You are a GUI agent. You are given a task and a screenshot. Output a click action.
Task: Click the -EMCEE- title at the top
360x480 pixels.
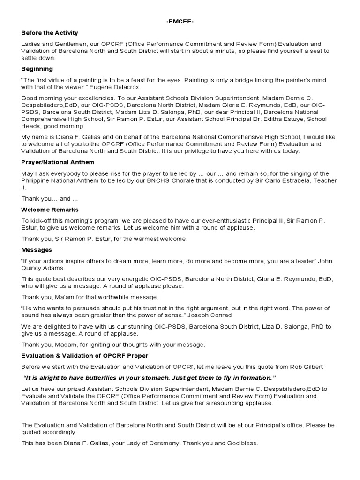pos(180,22)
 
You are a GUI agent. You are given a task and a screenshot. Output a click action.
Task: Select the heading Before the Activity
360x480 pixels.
pos(50,33)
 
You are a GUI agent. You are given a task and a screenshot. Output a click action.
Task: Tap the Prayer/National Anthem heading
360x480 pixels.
pos(58,162)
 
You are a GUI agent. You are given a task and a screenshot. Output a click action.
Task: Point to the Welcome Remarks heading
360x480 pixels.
pos(50,210)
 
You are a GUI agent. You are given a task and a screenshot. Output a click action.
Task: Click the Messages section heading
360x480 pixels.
pos(37,250)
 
